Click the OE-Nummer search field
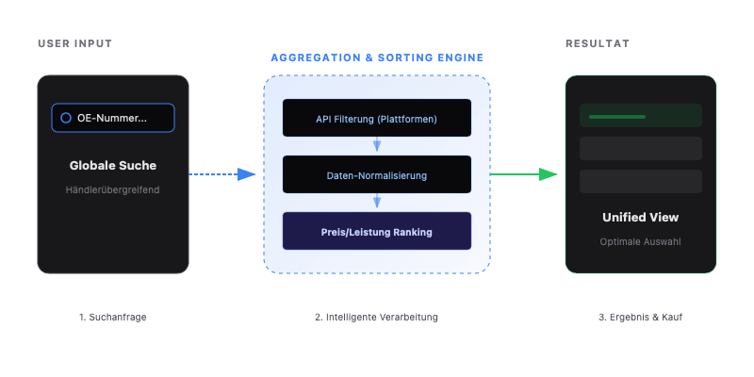(x=113, y=118)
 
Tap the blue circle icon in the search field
(x=66, y=118)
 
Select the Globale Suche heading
(x=113, y=165)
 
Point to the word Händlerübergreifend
(x=113, y=189)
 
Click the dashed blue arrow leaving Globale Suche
(x=221, y=174)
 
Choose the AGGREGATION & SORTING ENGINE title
(x=377, y=57)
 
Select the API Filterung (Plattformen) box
(x=377, y=119)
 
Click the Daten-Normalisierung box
(x=377, y=175)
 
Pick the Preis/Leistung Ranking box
(x=377, y=231)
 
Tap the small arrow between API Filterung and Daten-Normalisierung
(x=377, y=145)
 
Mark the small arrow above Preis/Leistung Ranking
(x=377, y=202)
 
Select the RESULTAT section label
(x=598, y=44)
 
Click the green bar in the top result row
(x=617, y=117)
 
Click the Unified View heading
(x=641, y=218)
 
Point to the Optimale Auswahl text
(x=641, y=241)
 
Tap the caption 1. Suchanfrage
(x=113, y=317)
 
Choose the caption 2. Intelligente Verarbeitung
(x=377, y=317)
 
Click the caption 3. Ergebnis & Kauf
(x=641, y=317)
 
